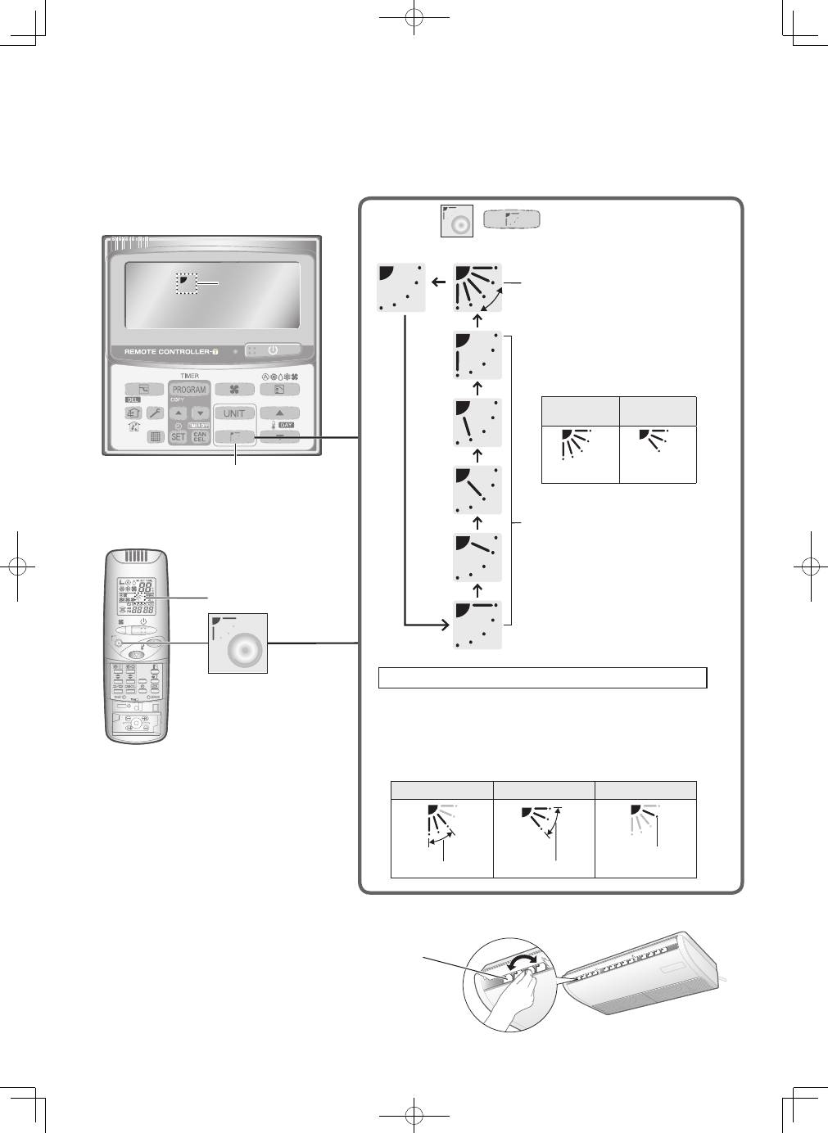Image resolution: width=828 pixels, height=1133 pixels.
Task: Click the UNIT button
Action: click(x=234, y=413)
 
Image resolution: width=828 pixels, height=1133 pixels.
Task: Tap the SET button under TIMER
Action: click(x=178, y=437)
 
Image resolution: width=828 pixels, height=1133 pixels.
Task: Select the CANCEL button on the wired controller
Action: click(x=200, y=437)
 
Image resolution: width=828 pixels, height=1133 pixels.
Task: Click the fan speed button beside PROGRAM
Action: click(x=235, y=390)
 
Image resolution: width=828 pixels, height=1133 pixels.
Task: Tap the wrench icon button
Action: click(x=153, y=413)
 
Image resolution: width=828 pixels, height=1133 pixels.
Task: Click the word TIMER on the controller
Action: click(x=189, y=376)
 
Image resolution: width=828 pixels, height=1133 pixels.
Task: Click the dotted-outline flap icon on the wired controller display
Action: click(x=188, y=283)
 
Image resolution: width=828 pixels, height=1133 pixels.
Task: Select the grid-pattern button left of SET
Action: click(x=154, y=437)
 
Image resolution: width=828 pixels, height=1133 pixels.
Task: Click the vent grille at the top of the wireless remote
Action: click(x=137, y=559)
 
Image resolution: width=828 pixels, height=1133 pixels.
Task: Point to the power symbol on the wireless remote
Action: click(x=143, y=621)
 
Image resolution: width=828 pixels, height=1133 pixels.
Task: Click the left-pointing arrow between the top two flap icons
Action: click(x=440, y=284)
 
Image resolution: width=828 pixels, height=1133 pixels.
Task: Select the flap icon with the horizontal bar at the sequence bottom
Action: click(x=477, y=625)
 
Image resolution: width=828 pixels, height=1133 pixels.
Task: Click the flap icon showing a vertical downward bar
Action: click(x=477, y=355)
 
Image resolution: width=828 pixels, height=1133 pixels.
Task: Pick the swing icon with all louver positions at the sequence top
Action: click(x=477, y=287)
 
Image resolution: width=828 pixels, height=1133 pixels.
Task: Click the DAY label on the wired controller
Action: click(x=286, y=426)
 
